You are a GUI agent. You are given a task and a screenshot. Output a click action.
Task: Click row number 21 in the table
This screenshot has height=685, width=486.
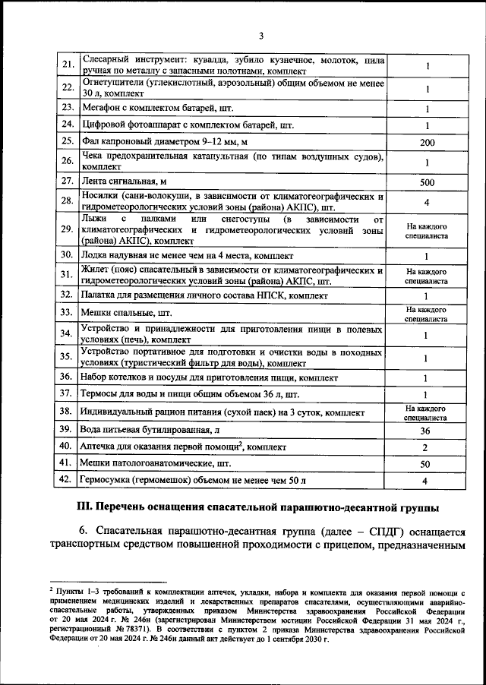click(x=67, y=65)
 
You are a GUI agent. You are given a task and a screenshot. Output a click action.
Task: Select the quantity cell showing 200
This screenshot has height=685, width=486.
click(x=426, y=142)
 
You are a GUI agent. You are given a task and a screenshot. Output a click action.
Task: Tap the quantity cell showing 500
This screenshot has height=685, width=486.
click(x=426, y=182)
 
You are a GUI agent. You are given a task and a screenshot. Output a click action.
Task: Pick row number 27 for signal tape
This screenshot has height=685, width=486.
click(x=67, y=182)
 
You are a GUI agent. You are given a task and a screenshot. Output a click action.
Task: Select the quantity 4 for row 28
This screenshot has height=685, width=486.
click(x=426, y=203)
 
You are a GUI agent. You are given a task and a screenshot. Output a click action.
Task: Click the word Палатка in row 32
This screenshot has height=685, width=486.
click(x=101, y=295)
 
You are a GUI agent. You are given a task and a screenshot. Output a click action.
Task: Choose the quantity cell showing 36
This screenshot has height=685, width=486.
click(x=426, y=431)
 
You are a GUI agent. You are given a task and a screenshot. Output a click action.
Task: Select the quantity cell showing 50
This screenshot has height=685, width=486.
click(x=426, y=463)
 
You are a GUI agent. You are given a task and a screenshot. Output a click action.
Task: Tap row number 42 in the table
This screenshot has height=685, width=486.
click(x=67, y=481)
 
